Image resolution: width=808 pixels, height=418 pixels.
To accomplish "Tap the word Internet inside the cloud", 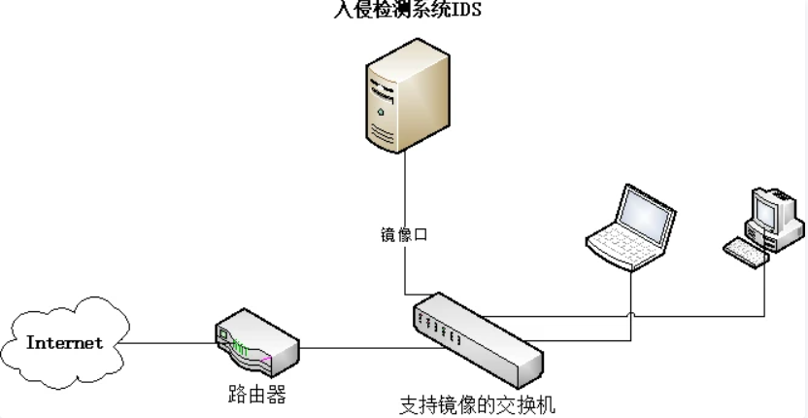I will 64,343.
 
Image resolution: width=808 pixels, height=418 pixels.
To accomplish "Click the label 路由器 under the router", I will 252,394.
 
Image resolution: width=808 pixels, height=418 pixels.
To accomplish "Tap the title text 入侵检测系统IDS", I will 404,10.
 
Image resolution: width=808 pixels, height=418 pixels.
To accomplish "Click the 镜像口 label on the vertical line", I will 404,234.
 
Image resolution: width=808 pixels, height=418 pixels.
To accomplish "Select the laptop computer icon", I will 630,226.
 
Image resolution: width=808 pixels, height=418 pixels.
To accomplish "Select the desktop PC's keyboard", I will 745,251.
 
